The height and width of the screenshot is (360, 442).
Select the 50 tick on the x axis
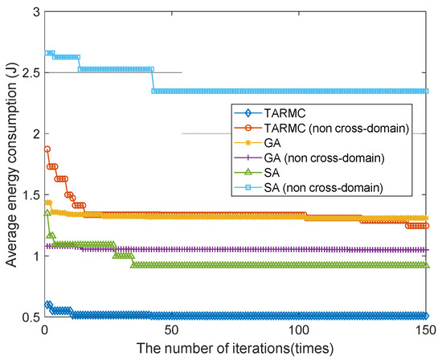point(172,330)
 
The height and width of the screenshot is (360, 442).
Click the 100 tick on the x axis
point(300,330)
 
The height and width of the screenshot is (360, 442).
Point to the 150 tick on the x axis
point(427,330)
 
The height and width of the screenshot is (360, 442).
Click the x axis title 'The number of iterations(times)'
point(235,349)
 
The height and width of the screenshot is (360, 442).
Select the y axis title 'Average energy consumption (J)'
point(10,165)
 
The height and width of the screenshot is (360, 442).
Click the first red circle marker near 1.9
point(47,149)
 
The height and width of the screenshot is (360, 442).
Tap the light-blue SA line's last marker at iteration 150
point(427,92)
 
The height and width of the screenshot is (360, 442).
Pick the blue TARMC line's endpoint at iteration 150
point(427,316)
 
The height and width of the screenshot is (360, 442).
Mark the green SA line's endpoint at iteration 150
point(427,264)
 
